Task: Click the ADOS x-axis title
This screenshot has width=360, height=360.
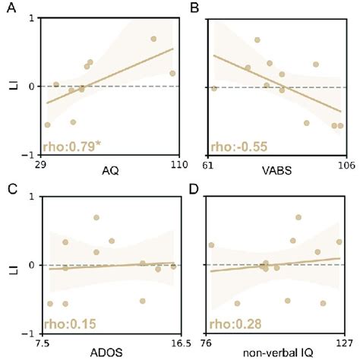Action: click(110, 351)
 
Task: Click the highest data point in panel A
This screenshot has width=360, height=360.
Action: click(153, 39)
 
